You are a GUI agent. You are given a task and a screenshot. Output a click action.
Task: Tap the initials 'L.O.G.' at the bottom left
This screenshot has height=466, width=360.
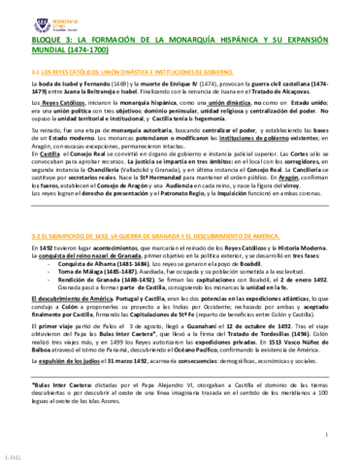click(13, 456)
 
